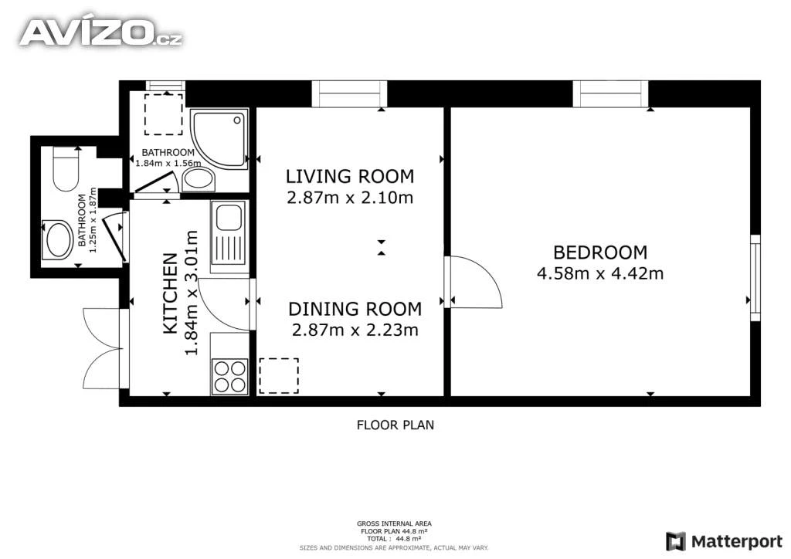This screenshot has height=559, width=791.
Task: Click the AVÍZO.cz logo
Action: pos(100,33)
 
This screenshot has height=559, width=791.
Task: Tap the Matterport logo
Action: pos(725,541)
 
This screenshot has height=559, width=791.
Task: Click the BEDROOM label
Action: pos(599,252)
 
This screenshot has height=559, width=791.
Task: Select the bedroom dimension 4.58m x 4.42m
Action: pos(599,273)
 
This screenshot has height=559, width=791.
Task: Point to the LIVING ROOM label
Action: pos(350,176)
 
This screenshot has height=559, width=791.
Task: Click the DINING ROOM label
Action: pos(355,309)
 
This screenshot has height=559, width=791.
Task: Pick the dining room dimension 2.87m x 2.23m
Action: pos(355,330)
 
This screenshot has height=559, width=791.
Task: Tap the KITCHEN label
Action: pos(171,293)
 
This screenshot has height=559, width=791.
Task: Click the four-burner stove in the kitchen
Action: pos(230,377)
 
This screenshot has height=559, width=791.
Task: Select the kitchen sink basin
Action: pos(229,218)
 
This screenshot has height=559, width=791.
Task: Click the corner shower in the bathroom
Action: pos(219,139)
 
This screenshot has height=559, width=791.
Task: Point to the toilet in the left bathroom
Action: pos(66,169)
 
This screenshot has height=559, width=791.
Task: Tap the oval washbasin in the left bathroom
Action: pos(58,240)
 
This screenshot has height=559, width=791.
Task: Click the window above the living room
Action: pos(349,94)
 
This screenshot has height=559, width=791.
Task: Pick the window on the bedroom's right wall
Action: pos(755,278)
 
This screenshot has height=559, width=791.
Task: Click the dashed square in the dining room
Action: pos(278,376)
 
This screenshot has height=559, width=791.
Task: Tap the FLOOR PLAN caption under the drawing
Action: pos(395,425)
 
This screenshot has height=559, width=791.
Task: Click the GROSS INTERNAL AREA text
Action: pos(394,523)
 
